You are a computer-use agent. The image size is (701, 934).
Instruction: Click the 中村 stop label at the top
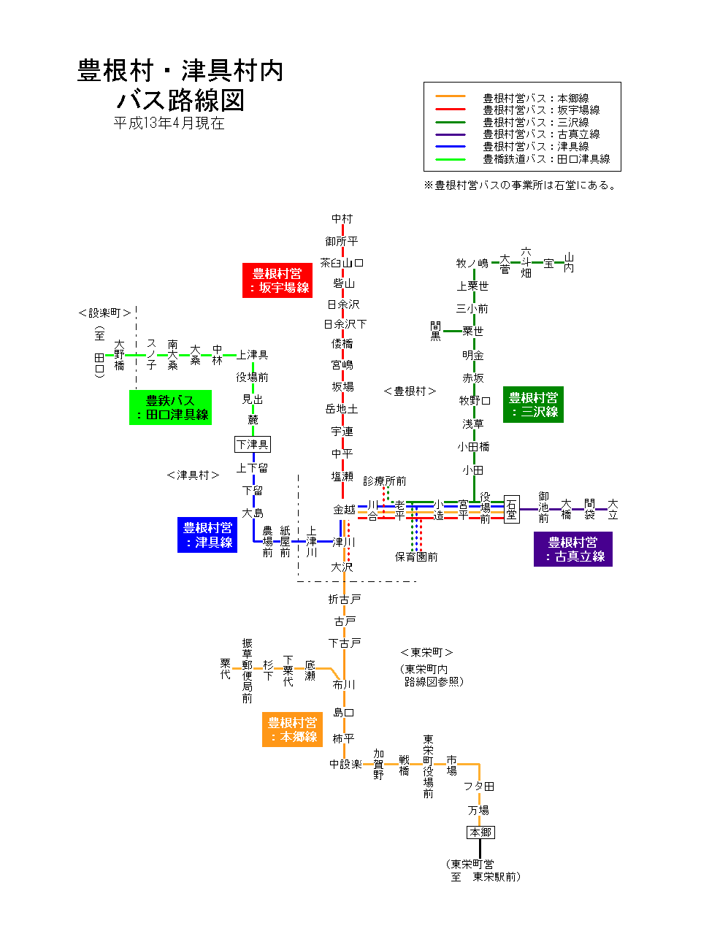click(342, 218)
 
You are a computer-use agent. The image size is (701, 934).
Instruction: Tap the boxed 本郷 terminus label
click(480, 832)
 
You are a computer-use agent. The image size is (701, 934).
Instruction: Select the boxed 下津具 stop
click(253, 444)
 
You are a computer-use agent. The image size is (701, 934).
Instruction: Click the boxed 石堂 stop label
click(511, 510)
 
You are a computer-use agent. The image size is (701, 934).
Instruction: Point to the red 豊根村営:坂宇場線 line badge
click(277, 280)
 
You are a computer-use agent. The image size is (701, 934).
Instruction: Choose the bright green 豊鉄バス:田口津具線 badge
click(170, 407)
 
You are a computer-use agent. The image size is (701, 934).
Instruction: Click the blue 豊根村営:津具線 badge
click(207, 535)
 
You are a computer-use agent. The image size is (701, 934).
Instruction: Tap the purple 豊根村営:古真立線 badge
click(573, 549)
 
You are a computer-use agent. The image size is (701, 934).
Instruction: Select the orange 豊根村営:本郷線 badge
click(292, 730)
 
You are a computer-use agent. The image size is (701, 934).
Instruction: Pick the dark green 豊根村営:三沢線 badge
click(533, 405)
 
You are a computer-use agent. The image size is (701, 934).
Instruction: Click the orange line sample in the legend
click(450, 97)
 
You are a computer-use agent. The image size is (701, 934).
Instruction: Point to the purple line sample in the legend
click(450, 134)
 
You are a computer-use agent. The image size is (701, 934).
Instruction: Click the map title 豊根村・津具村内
click(180, 71)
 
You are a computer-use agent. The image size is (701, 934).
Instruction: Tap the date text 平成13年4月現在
click(169, 123)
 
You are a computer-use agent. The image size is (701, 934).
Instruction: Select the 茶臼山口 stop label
click(342, 263)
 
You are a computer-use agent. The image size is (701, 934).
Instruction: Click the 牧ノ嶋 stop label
click(472, 263)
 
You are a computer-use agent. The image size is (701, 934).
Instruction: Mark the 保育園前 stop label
click(416, 557)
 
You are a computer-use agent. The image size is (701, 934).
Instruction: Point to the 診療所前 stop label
click(385, 481)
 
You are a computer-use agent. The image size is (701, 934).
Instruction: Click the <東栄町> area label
click(427, 652)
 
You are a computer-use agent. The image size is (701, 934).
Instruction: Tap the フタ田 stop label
click(479, 786)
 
